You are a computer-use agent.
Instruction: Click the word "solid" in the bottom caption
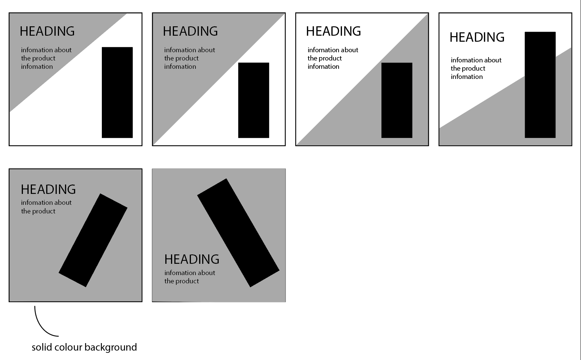point(41,347)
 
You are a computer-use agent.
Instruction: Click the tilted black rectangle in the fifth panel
point(93,240)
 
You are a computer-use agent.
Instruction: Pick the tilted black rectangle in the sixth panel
point(238,233)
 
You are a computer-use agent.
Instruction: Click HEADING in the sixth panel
point(192,259)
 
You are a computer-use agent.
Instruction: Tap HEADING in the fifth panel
point(48,189)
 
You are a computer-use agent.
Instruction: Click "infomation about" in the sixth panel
point(190,273)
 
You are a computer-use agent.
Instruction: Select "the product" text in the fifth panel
point(38,212)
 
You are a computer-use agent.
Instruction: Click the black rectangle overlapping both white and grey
point(540,85)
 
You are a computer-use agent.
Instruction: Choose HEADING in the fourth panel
point(477,37)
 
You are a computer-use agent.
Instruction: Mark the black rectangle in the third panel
point(397,100)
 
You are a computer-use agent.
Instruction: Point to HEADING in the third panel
point(334,32)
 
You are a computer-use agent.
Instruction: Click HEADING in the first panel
point(47,32)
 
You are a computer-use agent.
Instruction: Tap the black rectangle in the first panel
point(117,92)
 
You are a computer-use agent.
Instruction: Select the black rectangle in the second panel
point(254,100)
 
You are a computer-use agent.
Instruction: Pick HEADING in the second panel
point(191,32)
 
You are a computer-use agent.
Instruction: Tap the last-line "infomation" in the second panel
point(180,67)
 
